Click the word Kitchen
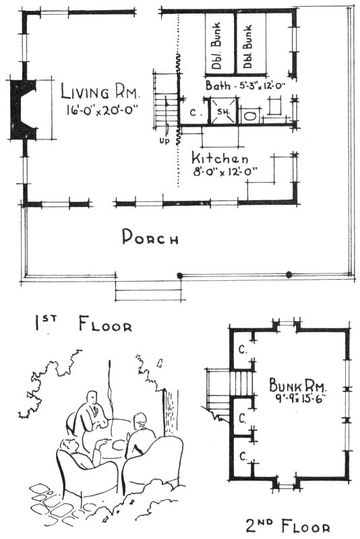pyautogui.click(x=220, y=158)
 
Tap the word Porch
pyautogui.click(x=150, y=238)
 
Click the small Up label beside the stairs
pyautogui.click(x=164, y=142)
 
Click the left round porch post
pyautogui.click(x=179, y=275)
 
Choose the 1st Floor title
pyautogui.click(x=83, y=324)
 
